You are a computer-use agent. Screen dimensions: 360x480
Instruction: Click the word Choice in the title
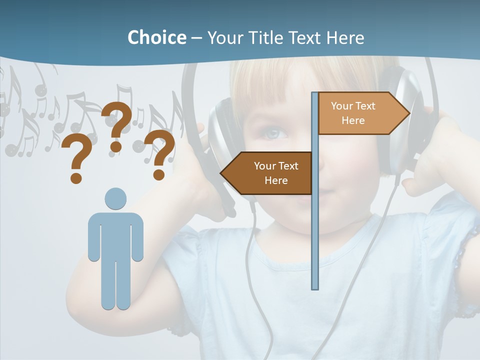156,37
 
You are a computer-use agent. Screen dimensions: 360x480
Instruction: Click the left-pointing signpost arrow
267,173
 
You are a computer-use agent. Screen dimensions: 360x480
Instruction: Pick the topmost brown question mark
117,125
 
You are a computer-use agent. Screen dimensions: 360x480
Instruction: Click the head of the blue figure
115,198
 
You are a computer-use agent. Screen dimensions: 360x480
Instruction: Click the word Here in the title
345,37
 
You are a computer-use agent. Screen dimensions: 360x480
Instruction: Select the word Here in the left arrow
276,180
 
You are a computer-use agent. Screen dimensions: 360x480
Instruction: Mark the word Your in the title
223,37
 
